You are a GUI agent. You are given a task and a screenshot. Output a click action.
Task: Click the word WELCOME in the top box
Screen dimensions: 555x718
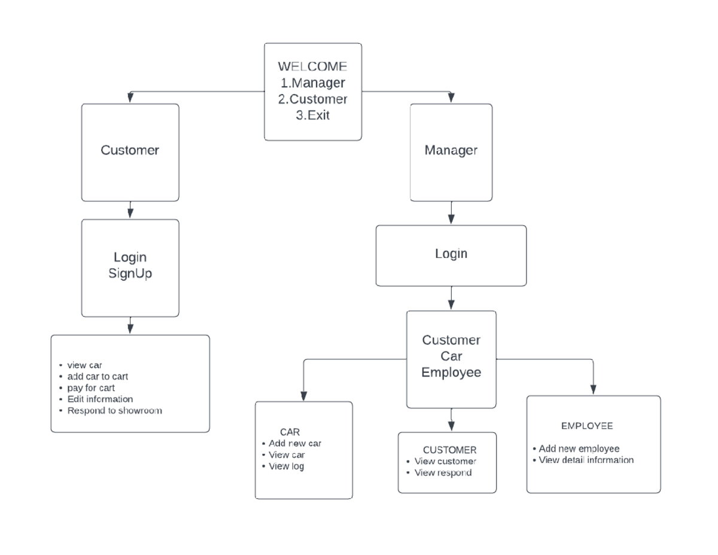tap(312, 66)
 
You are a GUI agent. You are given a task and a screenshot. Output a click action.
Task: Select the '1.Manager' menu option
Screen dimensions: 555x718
tap(312, 83)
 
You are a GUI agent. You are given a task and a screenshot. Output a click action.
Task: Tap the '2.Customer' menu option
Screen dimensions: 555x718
tap(312, 99)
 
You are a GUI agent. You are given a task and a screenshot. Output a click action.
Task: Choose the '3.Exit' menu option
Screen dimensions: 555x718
tap(312, 115)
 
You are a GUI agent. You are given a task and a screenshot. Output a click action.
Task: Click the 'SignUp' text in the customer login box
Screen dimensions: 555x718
tap(130, 274)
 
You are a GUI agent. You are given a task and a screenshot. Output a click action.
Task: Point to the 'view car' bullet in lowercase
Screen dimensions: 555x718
tap(84, 365)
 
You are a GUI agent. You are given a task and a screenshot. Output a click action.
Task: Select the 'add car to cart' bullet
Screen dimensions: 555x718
tap(98, 377)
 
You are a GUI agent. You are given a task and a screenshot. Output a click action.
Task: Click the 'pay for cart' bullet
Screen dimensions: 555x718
tap(91, 388)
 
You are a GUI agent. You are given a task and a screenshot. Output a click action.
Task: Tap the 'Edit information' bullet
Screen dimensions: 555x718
tap(100, 399)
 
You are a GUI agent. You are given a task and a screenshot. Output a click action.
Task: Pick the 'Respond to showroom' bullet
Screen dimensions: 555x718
tap(114, 411)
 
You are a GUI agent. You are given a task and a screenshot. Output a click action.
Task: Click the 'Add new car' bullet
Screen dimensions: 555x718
tap(295, 444)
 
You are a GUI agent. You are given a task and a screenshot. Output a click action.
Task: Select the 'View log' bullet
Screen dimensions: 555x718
tap(286, 466)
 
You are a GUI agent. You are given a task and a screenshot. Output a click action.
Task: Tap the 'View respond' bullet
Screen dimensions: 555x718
tap(443, 473)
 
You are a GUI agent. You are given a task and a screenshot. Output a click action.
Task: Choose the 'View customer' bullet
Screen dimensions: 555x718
tap(445, 462)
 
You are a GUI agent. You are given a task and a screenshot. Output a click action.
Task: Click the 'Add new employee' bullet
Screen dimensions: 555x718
tap(579, 449)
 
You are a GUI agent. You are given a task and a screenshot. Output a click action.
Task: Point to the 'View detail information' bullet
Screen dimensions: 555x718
tap(586, 460)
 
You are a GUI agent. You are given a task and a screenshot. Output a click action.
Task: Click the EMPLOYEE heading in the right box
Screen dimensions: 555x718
tap(587, 426)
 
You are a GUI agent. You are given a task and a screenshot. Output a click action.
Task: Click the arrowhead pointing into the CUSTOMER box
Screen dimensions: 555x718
tap(451, 426)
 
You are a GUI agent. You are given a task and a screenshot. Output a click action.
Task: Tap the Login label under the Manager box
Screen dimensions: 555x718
tap(451, 254)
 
